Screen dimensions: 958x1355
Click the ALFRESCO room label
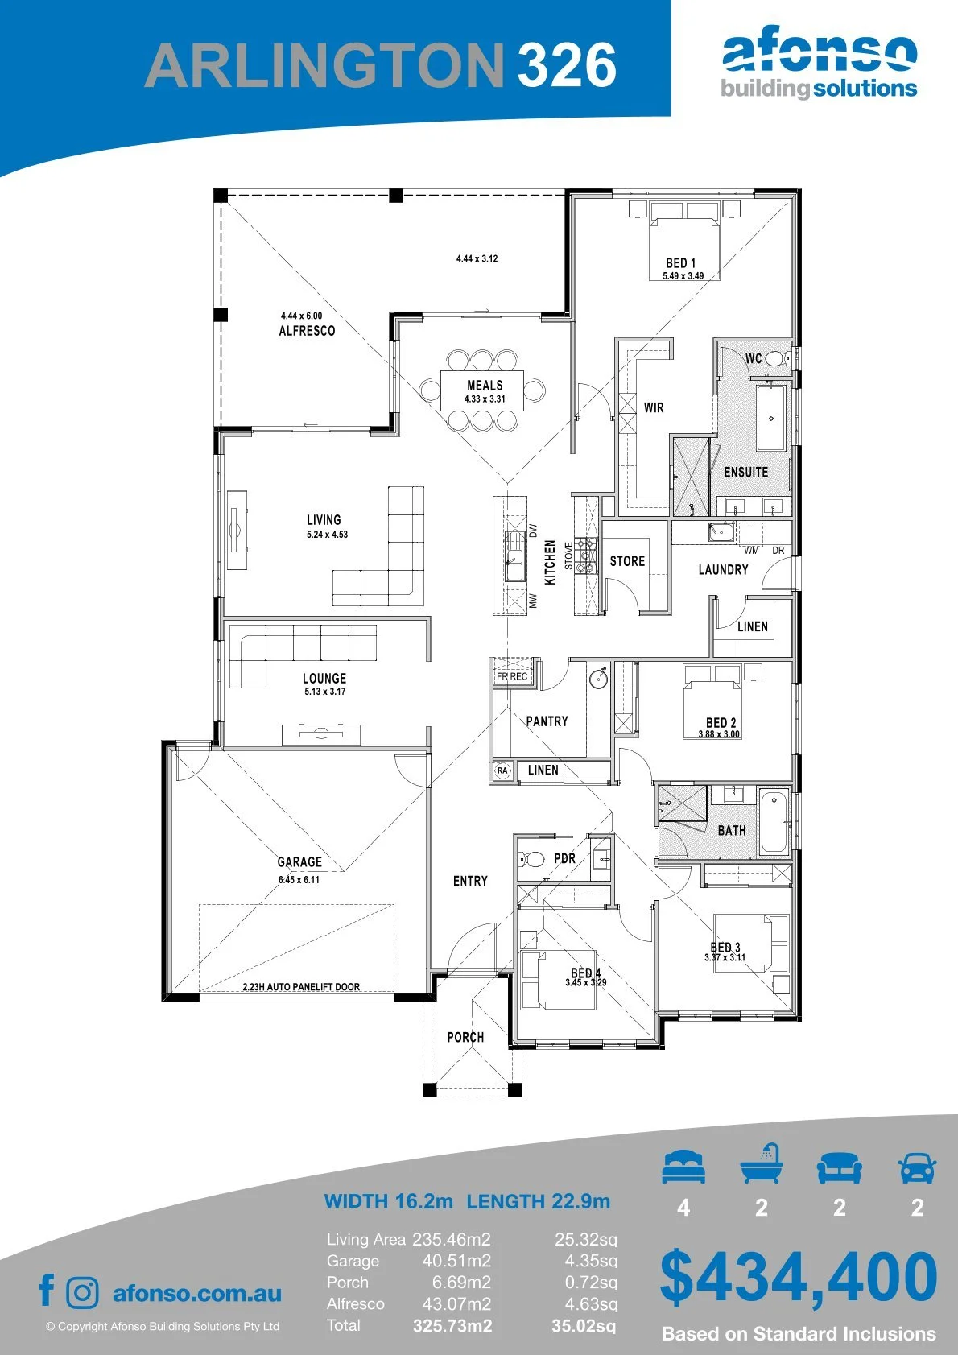pyautogui.click(x=307, y=330)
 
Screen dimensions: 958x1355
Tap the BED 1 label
pyautogui.click(x=680, y=262)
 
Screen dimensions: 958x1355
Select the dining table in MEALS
pyautogui.click(x=481, y=390)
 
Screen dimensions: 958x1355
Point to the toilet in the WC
pyautogui.click(x=778, y=359)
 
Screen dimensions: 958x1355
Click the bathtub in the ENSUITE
pyautogui.click(x=771, y=417)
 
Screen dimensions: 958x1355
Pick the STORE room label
pyautogui.click(x=627, y=560)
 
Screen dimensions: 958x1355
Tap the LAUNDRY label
pyautogui.click(x=724, y=569)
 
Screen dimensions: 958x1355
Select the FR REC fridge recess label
pyautogui.click(x=512, y=676)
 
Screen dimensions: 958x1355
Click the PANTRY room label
pyautogui.click(x=547, y=721)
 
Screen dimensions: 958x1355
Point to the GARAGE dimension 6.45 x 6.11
pyautogui.click(x=299, y=879)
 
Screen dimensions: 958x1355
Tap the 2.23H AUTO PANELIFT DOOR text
pyautogui.click(x=301, y=986)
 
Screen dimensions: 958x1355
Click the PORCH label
pyautogui.click(x=465, y=1037)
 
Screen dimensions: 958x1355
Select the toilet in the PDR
pyautogui.click(x=531, y=857)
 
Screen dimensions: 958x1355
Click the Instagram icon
pyautogui.click(x=81, y=1293)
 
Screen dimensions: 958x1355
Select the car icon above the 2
pyautogui.click(x=918, y=1167)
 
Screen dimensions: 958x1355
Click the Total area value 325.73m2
pyautogui.click(x=452, y=1326)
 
